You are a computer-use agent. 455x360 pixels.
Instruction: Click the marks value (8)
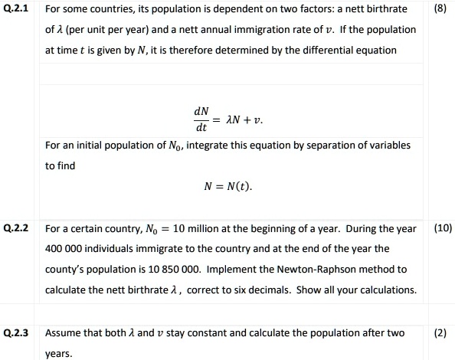point(439,9)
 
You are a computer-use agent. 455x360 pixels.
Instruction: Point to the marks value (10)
point(443,227)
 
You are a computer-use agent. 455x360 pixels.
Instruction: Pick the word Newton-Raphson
point(340,269)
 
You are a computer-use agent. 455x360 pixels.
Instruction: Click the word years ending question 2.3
point(58,354)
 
